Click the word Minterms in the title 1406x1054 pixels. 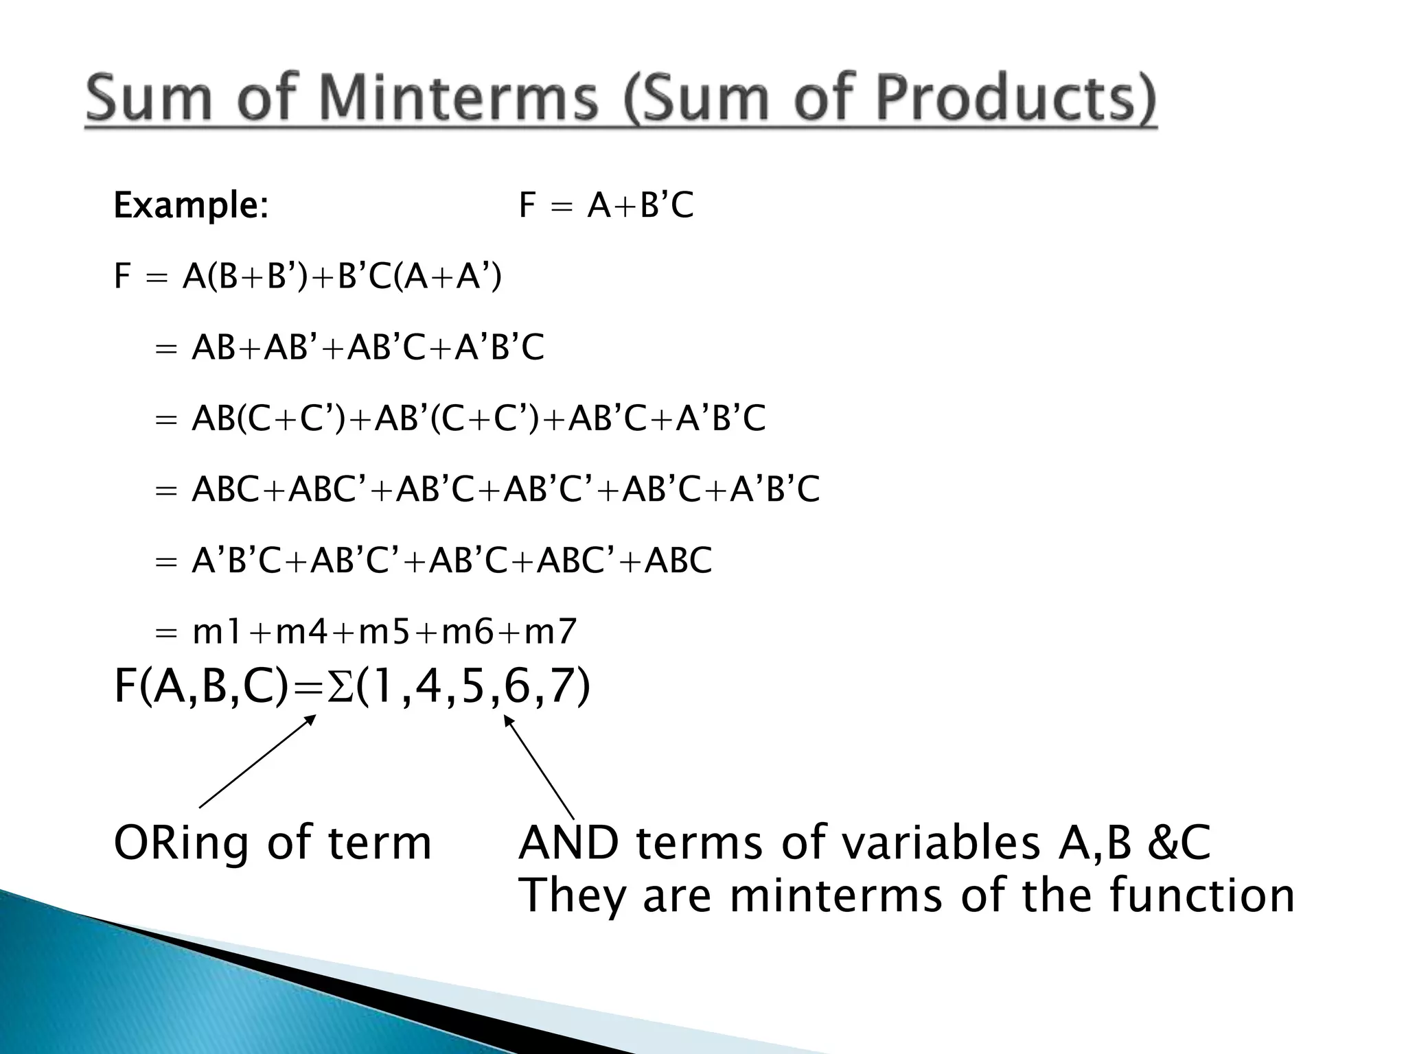click(458, 99)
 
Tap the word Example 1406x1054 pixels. click(190, 205)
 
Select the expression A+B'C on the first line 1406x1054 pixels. click(641, 205)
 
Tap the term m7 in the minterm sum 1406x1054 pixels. click(550, 631)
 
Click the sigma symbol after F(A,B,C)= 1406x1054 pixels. click(339, 688)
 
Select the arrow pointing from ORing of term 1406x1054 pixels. click(257, 761)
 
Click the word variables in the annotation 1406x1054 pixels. click(940, 843)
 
